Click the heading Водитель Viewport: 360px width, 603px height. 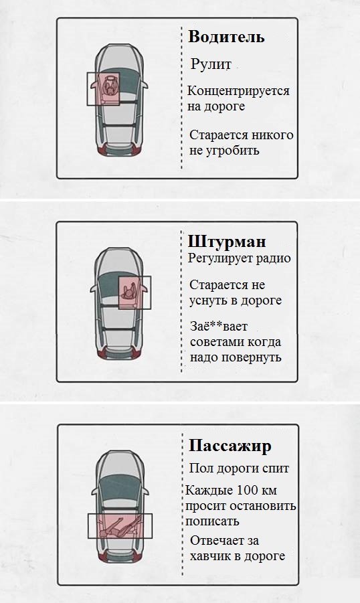click(226, 36)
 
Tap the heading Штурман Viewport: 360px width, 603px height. click(227, 241)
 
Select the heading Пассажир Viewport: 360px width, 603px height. click(230, 446)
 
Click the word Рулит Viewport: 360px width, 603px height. click(211, 65)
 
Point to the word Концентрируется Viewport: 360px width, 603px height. click(238, 91)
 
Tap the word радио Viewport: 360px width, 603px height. click(274, 258)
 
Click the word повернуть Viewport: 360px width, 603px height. click(254, 357)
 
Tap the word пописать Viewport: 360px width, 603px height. click(213, 521)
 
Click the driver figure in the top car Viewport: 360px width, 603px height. click(107, 88)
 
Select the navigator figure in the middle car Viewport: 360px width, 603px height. click(132, 290)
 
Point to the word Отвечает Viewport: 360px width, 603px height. click(215, 541)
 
